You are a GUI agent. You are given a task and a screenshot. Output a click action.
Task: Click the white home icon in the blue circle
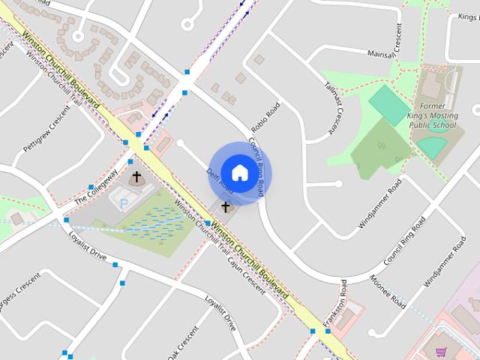click(x=239, y=172)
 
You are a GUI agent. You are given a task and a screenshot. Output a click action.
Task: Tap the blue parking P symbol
click(x=124, y=203)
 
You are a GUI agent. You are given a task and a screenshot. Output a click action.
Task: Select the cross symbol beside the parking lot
click(x=136, y=178)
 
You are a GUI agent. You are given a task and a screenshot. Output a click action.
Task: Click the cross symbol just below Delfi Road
click(x=225, y=205)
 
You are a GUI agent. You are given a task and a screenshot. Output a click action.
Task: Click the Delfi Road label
click(x=218, y=183)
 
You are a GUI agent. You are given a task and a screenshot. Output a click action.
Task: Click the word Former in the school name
click(x=433, y=107)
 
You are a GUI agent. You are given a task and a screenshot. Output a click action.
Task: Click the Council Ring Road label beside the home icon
click(x=256, y=164)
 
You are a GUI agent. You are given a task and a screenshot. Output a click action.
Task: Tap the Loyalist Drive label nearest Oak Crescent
click(x=221, y=314)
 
